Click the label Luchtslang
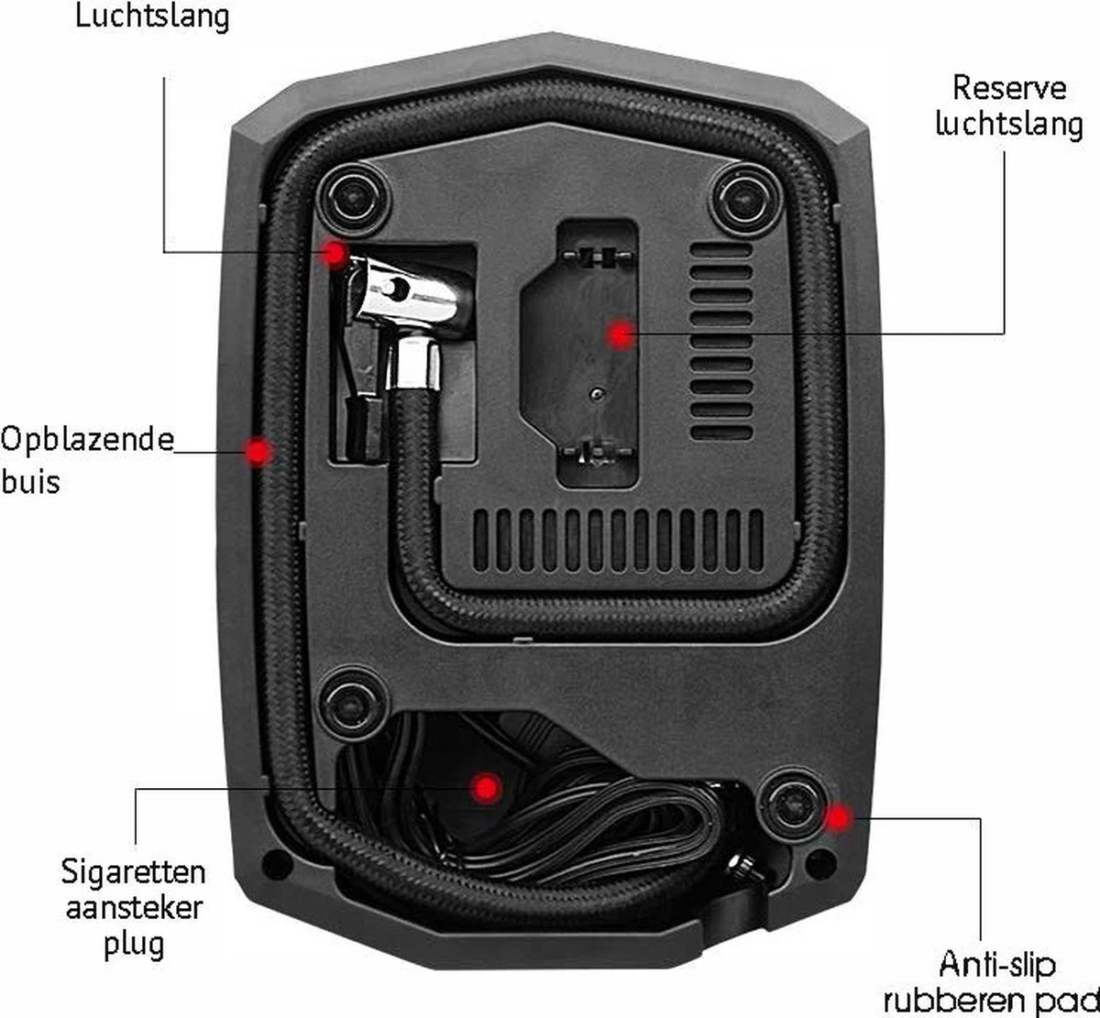152,16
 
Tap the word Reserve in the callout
1009,89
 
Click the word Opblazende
87,441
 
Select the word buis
30,481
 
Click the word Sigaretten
133,873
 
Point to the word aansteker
134,909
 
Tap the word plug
134,946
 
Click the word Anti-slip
997,965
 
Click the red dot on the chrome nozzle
334,254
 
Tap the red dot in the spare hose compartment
621,334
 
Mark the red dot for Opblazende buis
258,452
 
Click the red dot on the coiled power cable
486,788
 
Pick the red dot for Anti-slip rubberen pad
839,817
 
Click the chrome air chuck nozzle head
409,299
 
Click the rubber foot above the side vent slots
746,198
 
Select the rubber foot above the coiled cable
351,705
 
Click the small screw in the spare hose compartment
597,394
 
